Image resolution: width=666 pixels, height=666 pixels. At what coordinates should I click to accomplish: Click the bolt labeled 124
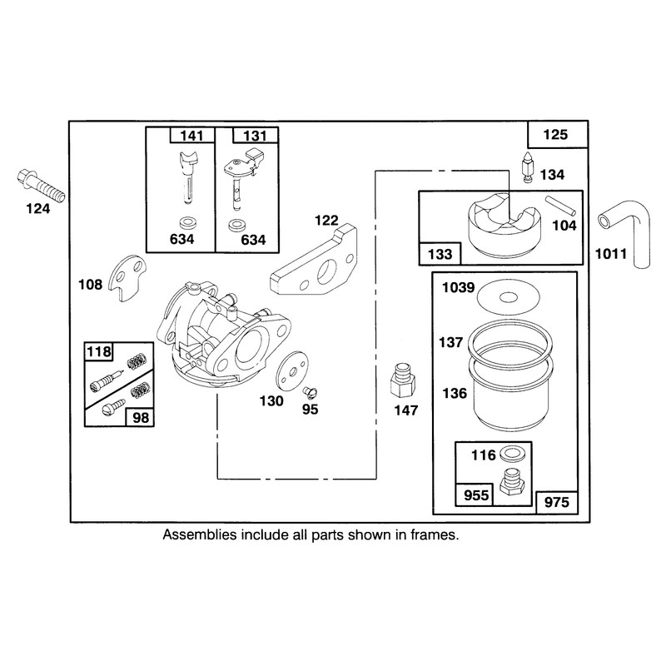[x=41, y=186]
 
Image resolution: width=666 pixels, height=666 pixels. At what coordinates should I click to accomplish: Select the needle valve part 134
[x=528, y=168]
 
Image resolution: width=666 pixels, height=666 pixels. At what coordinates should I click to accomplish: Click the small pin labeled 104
[x=560, y=205]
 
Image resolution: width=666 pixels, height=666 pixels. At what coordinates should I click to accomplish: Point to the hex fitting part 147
[x=403, y=380]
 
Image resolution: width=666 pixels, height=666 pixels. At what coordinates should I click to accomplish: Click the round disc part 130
[x=292, y=370]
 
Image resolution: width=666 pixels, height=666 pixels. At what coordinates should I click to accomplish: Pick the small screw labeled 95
[x=310, y=392]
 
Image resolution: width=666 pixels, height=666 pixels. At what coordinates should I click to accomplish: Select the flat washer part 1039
[x=509, y=297]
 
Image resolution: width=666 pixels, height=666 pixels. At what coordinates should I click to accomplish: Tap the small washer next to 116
[x=512, y=454]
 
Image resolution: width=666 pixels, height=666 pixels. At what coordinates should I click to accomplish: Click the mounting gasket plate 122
[x=315, y=262]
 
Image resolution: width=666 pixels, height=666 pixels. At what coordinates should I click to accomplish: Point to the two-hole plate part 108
[x=127, y=278]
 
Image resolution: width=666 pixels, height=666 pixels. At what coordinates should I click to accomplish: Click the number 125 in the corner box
[x=555, y=135]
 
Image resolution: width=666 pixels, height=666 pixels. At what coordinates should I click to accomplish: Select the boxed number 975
[x=556, y=503]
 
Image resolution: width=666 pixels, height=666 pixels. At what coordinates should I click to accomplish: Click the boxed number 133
[x=440, y=255]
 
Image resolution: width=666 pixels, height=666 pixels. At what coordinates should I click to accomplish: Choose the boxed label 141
[x=191, y=136]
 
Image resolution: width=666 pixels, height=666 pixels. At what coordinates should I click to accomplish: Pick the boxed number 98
[x=141, y=418]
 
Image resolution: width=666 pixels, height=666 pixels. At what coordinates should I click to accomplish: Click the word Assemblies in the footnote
[x=199, y=534]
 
